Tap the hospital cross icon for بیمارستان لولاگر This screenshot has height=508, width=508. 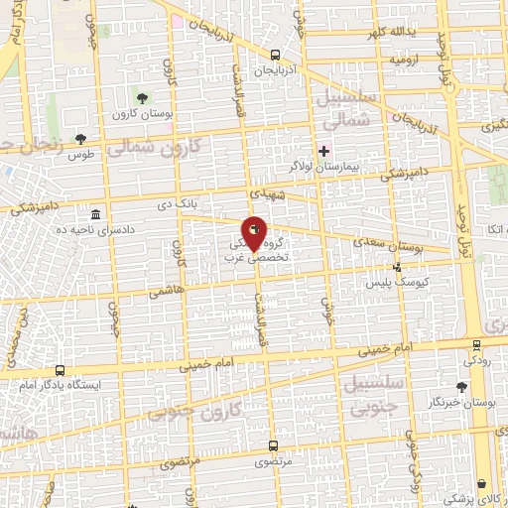pos(323,151)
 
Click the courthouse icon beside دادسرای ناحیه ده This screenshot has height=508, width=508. pos(95,215)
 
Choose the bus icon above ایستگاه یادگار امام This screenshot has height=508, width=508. pos(61,367)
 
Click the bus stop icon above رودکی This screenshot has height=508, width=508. pos(477,345)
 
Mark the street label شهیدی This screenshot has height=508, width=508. pos(267,190)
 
